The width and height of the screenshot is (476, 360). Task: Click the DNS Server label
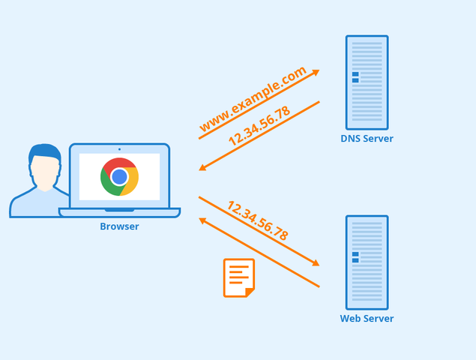[x=367, y=139]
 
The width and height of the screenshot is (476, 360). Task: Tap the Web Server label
[x=367, y=319]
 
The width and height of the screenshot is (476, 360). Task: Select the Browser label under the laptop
[x=119, y=226]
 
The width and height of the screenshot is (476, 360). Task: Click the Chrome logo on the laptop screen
[x=119, y=177]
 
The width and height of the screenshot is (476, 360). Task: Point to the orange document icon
[x=238, y=277]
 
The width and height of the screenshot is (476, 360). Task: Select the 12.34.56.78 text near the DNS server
[x=259, y=126]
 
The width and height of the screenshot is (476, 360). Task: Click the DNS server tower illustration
[x=367, y=82]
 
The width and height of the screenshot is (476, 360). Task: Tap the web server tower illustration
[x=367, y=262]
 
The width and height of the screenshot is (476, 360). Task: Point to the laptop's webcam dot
[x=119, y=149]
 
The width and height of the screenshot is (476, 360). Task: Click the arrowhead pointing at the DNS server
[x=316, y=72]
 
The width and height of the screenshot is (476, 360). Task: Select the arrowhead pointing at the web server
[x=315, y=263]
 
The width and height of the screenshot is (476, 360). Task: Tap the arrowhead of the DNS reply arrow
[x=203, y=168]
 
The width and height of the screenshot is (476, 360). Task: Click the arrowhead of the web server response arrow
[x=203, y=220]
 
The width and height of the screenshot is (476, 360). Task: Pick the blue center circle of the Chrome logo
[x=119, y=177]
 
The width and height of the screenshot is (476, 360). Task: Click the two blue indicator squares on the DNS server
[x=355, y=76]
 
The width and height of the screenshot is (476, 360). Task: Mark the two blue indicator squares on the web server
[x=355, y=257]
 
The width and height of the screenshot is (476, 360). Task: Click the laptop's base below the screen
[x=119, y=212]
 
